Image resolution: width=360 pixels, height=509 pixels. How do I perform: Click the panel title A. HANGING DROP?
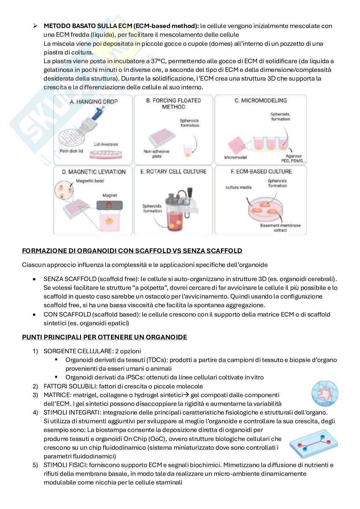tap(94, 102)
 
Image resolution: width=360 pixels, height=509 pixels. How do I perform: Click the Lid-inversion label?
tap(106, 144)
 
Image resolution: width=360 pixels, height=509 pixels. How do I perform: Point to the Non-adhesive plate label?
tap(156, 154)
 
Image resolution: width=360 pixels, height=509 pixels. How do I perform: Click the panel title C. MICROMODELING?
tap(260, 101)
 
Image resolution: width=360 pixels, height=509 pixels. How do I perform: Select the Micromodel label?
tap(235, 157)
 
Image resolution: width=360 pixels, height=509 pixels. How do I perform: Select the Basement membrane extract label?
tap(280, 228)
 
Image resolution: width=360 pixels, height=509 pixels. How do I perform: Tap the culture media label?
tap(238, 187)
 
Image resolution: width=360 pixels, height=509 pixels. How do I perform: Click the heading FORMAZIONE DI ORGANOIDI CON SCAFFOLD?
tap(132, 250)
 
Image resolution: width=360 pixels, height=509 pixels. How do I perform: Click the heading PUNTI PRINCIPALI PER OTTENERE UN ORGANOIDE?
tap(105, 337)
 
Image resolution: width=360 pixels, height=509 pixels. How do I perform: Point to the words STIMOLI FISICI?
tap(65, 465)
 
